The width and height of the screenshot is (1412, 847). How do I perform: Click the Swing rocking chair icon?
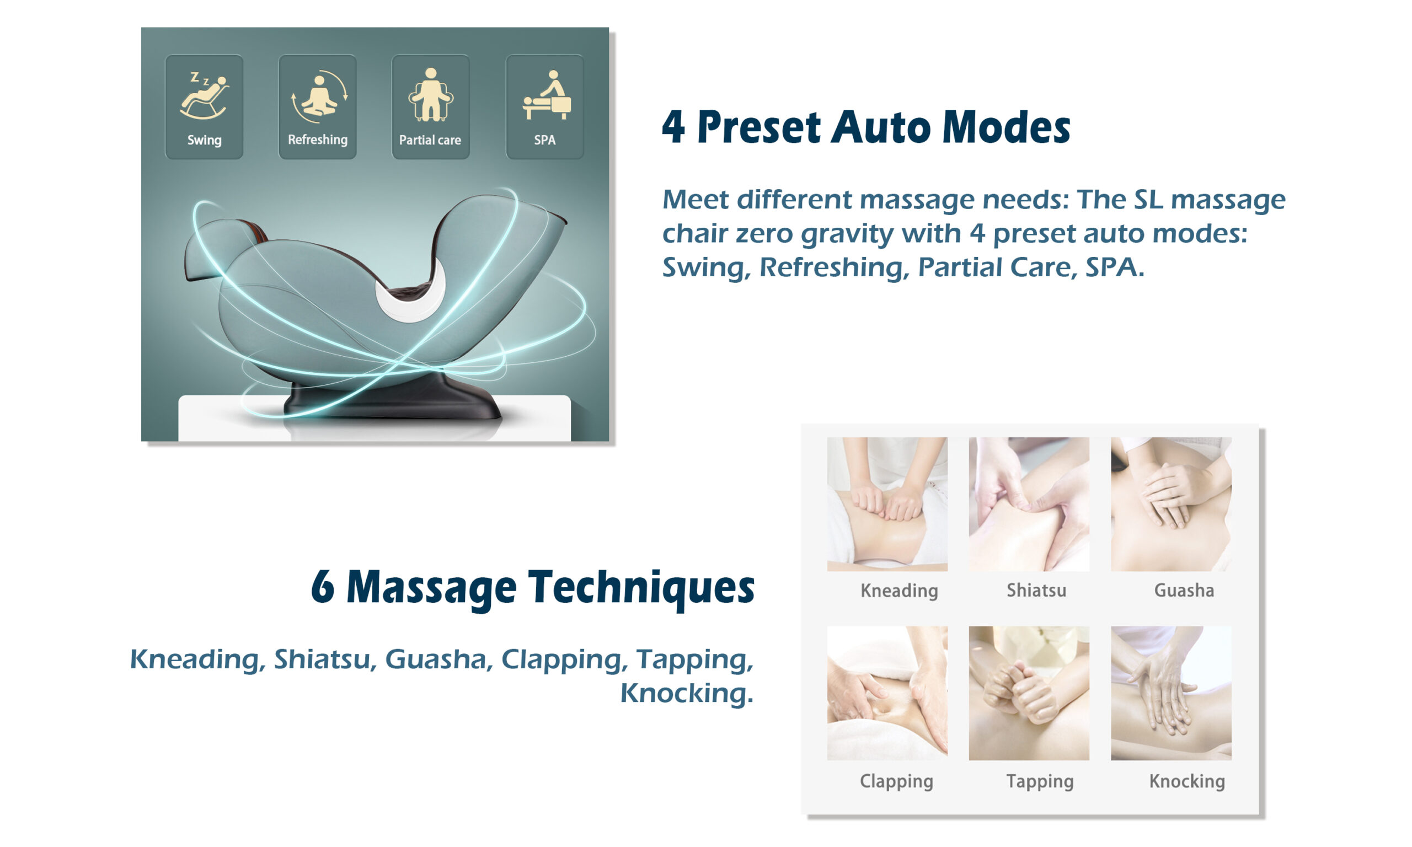(204, 95)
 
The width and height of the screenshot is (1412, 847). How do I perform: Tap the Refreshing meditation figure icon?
(319, 96)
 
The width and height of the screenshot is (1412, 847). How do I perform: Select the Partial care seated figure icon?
(431, 95)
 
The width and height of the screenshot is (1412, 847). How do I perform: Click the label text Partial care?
(430, 140)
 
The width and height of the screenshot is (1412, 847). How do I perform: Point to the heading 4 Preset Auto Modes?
(866, 127)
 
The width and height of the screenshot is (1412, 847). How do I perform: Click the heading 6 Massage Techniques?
(532, 588)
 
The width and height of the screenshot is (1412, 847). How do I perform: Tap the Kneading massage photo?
(887, 504)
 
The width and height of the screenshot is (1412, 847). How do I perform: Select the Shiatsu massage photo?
(1029, 504)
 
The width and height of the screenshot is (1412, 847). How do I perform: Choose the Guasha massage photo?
(1170, 504)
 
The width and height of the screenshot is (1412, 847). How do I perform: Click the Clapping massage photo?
(887, 693)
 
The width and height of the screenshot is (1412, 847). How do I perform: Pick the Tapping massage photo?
(1029, 693)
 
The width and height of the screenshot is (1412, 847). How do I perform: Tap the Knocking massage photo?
(1170, 693)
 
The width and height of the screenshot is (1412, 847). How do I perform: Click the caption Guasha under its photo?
(1184, 590)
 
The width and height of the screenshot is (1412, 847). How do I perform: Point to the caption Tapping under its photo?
(1039, 781)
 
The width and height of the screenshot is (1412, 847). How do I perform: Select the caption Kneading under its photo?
(899, 591)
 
